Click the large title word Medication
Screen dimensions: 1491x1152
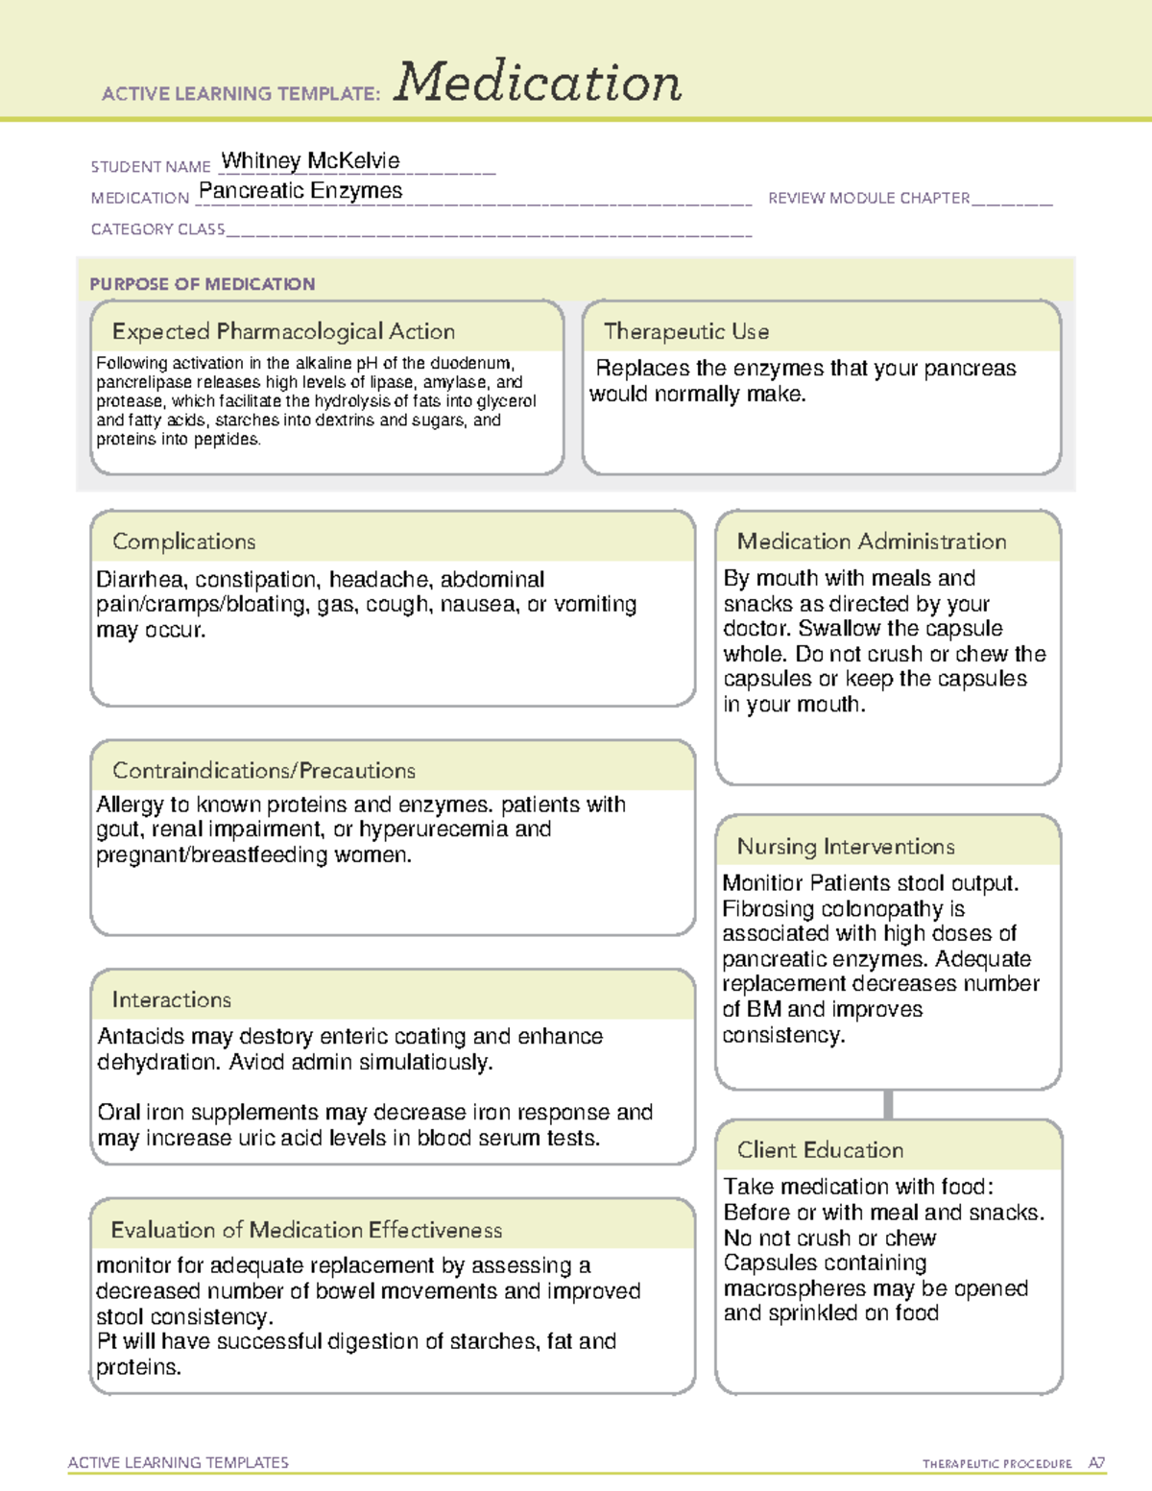click(x=538, y=83)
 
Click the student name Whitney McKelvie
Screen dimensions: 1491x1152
click(x=310, y=160)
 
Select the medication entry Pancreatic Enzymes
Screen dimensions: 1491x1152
click(x=300, y=191)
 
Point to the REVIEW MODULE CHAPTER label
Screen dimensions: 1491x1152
click(x=869, y=198)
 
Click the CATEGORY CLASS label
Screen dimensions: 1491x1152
click(x=157, y=229)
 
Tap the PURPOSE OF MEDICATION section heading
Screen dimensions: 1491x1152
click(x=202, y=284)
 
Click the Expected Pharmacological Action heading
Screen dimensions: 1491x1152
click(x=283, y=331)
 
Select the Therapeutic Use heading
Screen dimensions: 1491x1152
click(x=685, y=331)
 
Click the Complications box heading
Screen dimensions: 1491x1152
click(x=183, y=541)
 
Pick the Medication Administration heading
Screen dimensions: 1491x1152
click(x=871, y=541)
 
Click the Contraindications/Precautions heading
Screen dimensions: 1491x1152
click(x=263, y=770)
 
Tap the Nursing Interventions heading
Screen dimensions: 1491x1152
click(x=845, y=846)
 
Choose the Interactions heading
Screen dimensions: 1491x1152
click(x=171, y=999)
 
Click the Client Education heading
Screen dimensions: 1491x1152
click(x=820, y=1149)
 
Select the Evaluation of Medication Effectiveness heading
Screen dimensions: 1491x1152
click(x=306, y=1230)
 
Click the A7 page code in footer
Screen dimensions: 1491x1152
click(x=1096, y=1463)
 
